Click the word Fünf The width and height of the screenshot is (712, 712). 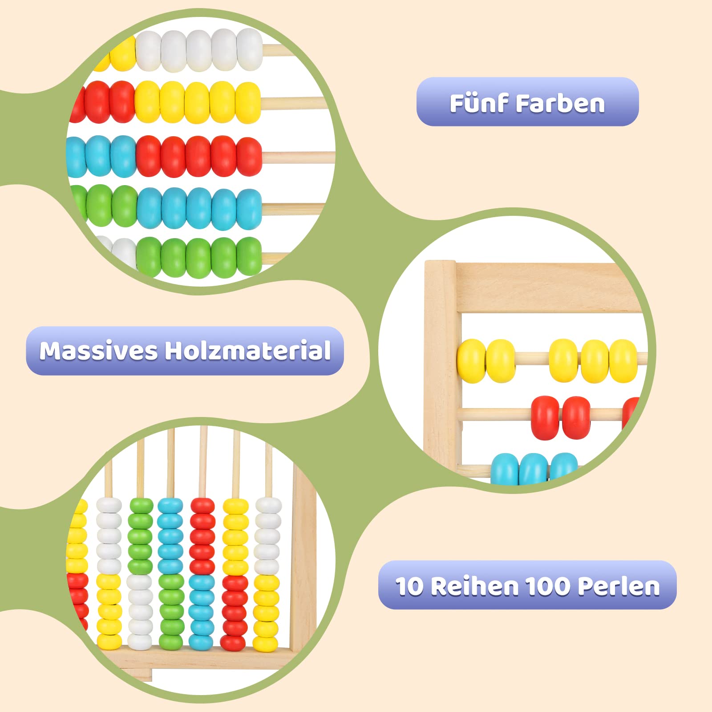479,104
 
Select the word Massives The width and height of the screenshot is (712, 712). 98,351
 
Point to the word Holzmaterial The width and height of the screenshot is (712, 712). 248,351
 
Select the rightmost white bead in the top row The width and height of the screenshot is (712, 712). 250,49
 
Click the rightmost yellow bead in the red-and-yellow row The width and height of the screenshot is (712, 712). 248,103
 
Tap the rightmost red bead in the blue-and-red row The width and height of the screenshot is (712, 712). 249,156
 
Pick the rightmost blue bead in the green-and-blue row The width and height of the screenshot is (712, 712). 249,209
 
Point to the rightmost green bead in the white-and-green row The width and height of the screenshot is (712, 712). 249,257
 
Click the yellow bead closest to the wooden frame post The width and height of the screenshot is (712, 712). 472,361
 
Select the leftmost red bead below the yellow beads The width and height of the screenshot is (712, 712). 545,417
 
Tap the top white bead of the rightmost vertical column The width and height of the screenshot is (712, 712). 268,506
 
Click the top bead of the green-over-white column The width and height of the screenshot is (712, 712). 141,506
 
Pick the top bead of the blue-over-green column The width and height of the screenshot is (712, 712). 170,506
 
